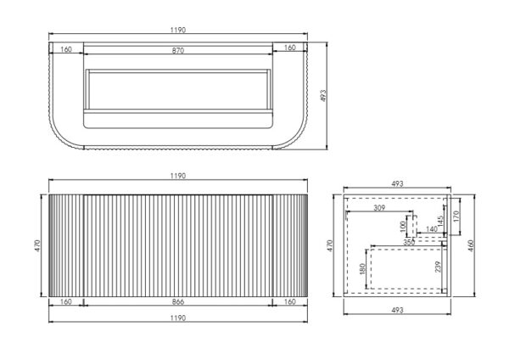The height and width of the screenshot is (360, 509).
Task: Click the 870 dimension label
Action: (x=178, y=51)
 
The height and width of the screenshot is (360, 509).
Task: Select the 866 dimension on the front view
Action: (x=178, y=302)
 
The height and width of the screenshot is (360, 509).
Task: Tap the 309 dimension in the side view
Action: (x=379, y=208)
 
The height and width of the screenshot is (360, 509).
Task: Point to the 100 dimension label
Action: (x=403, y=227)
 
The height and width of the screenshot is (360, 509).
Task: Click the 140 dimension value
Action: (x=432, y=229)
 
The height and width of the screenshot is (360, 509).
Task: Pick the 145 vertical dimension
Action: (x=440, y=222)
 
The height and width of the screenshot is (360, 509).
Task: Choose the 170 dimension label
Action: (x=456, y=217)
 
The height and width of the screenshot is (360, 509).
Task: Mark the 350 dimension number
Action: (x=409, y=242)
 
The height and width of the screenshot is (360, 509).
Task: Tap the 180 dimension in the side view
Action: (x=362, y=269)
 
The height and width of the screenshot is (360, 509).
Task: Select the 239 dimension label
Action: (x=438, y=267)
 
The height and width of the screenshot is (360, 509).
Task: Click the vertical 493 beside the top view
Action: (x=323, y=96)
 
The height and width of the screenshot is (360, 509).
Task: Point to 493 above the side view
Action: (x=397, y=184)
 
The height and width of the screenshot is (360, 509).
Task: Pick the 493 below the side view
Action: (x=397, y=310)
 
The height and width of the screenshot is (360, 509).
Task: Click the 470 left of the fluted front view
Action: (x=37, y=245)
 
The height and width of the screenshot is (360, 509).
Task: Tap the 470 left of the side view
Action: (x=330, y=245)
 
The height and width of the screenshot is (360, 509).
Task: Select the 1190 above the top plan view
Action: (x=178, y=31)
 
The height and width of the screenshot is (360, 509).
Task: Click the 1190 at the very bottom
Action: (x=178, y=318)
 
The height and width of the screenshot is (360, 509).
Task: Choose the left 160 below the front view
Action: (x=66, y=302)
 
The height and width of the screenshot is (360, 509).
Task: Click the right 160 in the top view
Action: (x=290, y=48)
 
